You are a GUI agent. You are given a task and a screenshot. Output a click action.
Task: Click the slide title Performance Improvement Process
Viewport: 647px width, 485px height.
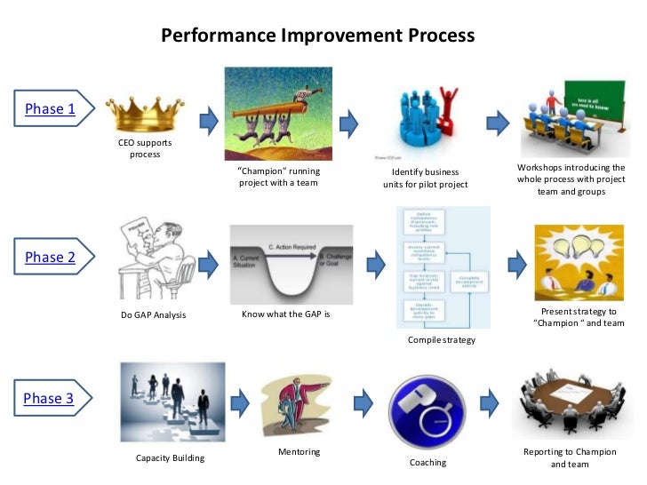(317, 36)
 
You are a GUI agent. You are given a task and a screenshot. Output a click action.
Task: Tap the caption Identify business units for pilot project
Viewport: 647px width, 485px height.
(419, 178)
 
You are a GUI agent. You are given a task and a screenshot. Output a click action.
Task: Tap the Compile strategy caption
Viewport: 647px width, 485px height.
(442, 340)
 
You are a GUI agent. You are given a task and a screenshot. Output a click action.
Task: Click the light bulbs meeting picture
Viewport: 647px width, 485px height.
(578, 263)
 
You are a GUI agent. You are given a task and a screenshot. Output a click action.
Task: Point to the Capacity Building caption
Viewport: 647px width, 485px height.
(170, 458)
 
